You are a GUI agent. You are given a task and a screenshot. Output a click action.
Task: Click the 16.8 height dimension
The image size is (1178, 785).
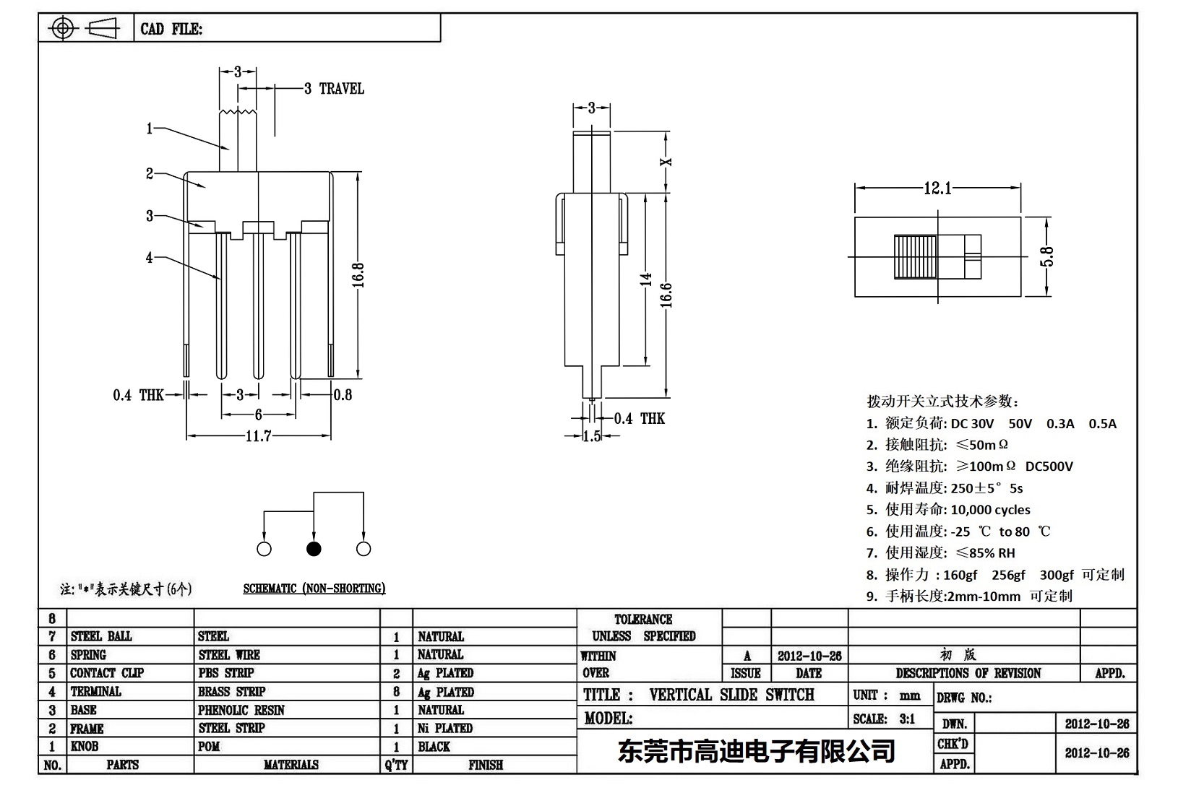pos(358,274)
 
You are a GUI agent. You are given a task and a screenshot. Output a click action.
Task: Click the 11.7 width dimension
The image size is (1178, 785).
pos(257,436)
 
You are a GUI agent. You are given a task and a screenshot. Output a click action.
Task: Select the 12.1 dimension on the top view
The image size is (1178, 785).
pos(937,188)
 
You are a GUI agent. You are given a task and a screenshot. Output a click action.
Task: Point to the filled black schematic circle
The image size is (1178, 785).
pos(314,549)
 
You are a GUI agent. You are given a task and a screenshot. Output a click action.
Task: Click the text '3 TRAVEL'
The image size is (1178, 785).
pos(333,89)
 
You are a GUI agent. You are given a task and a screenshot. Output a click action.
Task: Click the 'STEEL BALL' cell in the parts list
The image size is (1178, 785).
pos(101,636)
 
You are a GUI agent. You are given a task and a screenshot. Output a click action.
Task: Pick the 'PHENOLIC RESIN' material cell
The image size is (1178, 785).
pos(241,710)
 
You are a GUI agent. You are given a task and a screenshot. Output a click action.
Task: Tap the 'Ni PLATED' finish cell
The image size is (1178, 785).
pos(445,728)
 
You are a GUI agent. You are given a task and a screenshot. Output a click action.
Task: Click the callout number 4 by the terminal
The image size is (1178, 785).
pos(150,257)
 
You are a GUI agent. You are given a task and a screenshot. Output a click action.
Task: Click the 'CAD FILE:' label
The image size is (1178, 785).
pos(171,29)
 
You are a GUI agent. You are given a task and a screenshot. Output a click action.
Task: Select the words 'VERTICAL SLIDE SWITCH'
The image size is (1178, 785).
pos(731,695)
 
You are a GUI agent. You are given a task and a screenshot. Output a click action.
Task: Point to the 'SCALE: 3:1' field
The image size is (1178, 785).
pos(884,719)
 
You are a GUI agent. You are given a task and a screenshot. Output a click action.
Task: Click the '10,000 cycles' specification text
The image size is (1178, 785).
pos(990,510)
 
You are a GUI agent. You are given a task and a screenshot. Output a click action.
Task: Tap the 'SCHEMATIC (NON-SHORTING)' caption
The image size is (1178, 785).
pos(314,589)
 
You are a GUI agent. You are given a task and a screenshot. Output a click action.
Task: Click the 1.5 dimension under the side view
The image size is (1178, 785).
pos(591,436)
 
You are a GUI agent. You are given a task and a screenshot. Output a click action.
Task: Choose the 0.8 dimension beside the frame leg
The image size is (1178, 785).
pos(343,394)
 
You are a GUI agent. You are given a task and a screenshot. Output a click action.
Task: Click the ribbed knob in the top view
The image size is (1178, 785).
pos(915,257)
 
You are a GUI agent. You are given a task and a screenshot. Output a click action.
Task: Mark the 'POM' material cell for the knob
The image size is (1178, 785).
pos(209,746)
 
